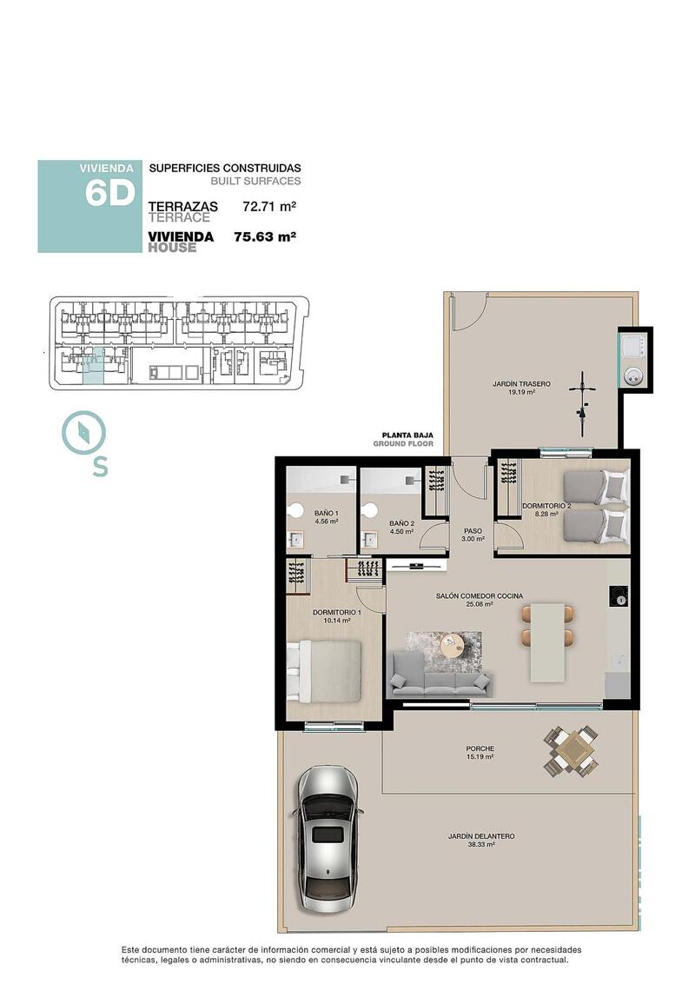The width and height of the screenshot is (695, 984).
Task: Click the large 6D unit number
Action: tap(109, 194)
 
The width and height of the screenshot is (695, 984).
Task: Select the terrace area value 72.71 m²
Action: tap(269, 207)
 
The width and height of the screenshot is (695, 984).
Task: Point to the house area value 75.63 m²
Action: tap(265, 236)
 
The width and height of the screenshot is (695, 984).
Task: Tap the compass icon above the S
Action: tap(83, 432)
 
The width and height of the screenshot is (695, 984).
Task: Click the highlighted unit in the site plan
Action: tap(94, 365)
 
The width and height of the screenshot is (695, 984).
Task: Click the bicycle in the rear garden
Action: tap(583, 405)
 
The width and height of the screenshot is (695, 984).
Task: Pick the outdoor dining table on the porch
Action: tap(572, 750)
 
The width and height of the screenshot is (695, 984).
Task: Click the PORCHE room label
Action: tap(479, 748)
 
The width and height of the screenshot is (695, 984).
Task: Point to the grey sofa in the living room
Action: tap(440, 676)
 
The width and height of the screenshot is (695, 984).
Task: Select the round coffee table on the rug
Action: tap(453, 645)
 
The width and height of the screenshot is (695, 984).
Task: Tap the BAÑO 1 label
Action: tap(327, 513)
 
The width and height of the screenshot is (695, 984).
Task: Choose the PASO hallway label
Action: tap(473, 530)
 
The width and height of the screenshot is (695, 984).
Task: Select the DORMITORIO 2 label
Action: tap(546, 505)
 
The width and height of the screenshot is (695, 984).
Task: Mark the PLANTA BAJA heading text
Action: tap(407, 435)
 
